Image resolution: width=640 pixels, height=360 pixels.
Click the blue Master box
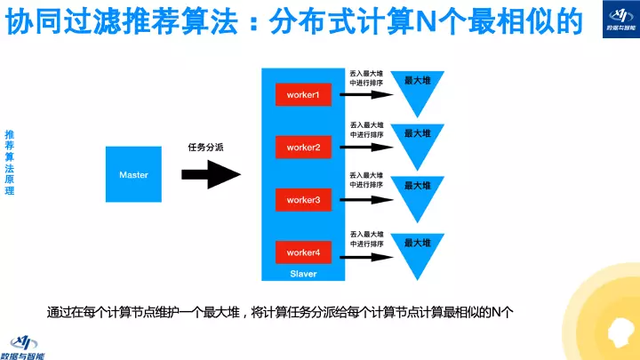click(x=133, y=174)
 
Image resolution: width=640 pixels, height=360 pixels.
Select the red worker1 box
click(x=303, y=94)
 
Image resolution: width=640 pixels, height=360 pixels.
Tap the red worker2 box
click(x=303, y=147)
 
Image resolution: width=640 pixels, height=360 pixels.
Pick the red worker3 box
click(x=303, y=200)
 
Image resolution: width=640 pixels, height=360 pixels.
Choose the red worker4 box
click(x=303, y=253)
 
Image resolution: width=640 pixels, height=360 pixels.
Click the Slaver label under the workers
click(x=303, y=274)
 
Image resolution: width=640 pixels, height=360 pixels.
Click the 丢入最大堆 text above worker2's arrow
click(x=366, y=124)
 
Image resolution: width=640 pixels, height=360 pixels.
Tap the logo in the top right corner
click(x=612, y=20)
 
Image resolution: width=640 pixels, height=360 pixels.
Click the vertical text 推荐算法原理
click(x=10, y=163)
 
